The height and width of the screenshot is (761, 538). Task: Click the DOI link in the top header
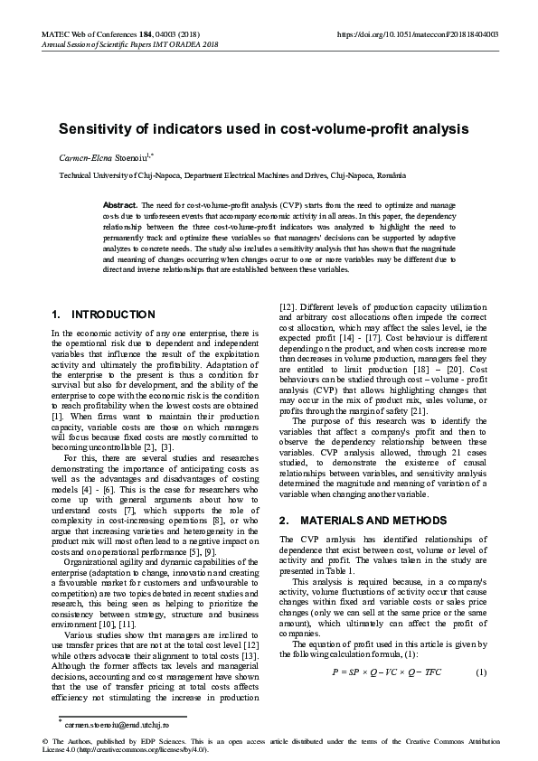point(417,33)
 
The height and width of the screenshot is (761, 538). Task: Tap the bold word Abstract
point(120,206)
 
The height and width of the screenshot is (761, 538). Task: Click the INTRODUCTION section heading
point(113,315)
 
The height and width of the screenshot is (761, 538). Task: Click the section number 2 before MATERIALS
point(284,521)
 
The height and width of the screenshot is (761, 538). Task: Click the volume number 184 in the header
point(151,33)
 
